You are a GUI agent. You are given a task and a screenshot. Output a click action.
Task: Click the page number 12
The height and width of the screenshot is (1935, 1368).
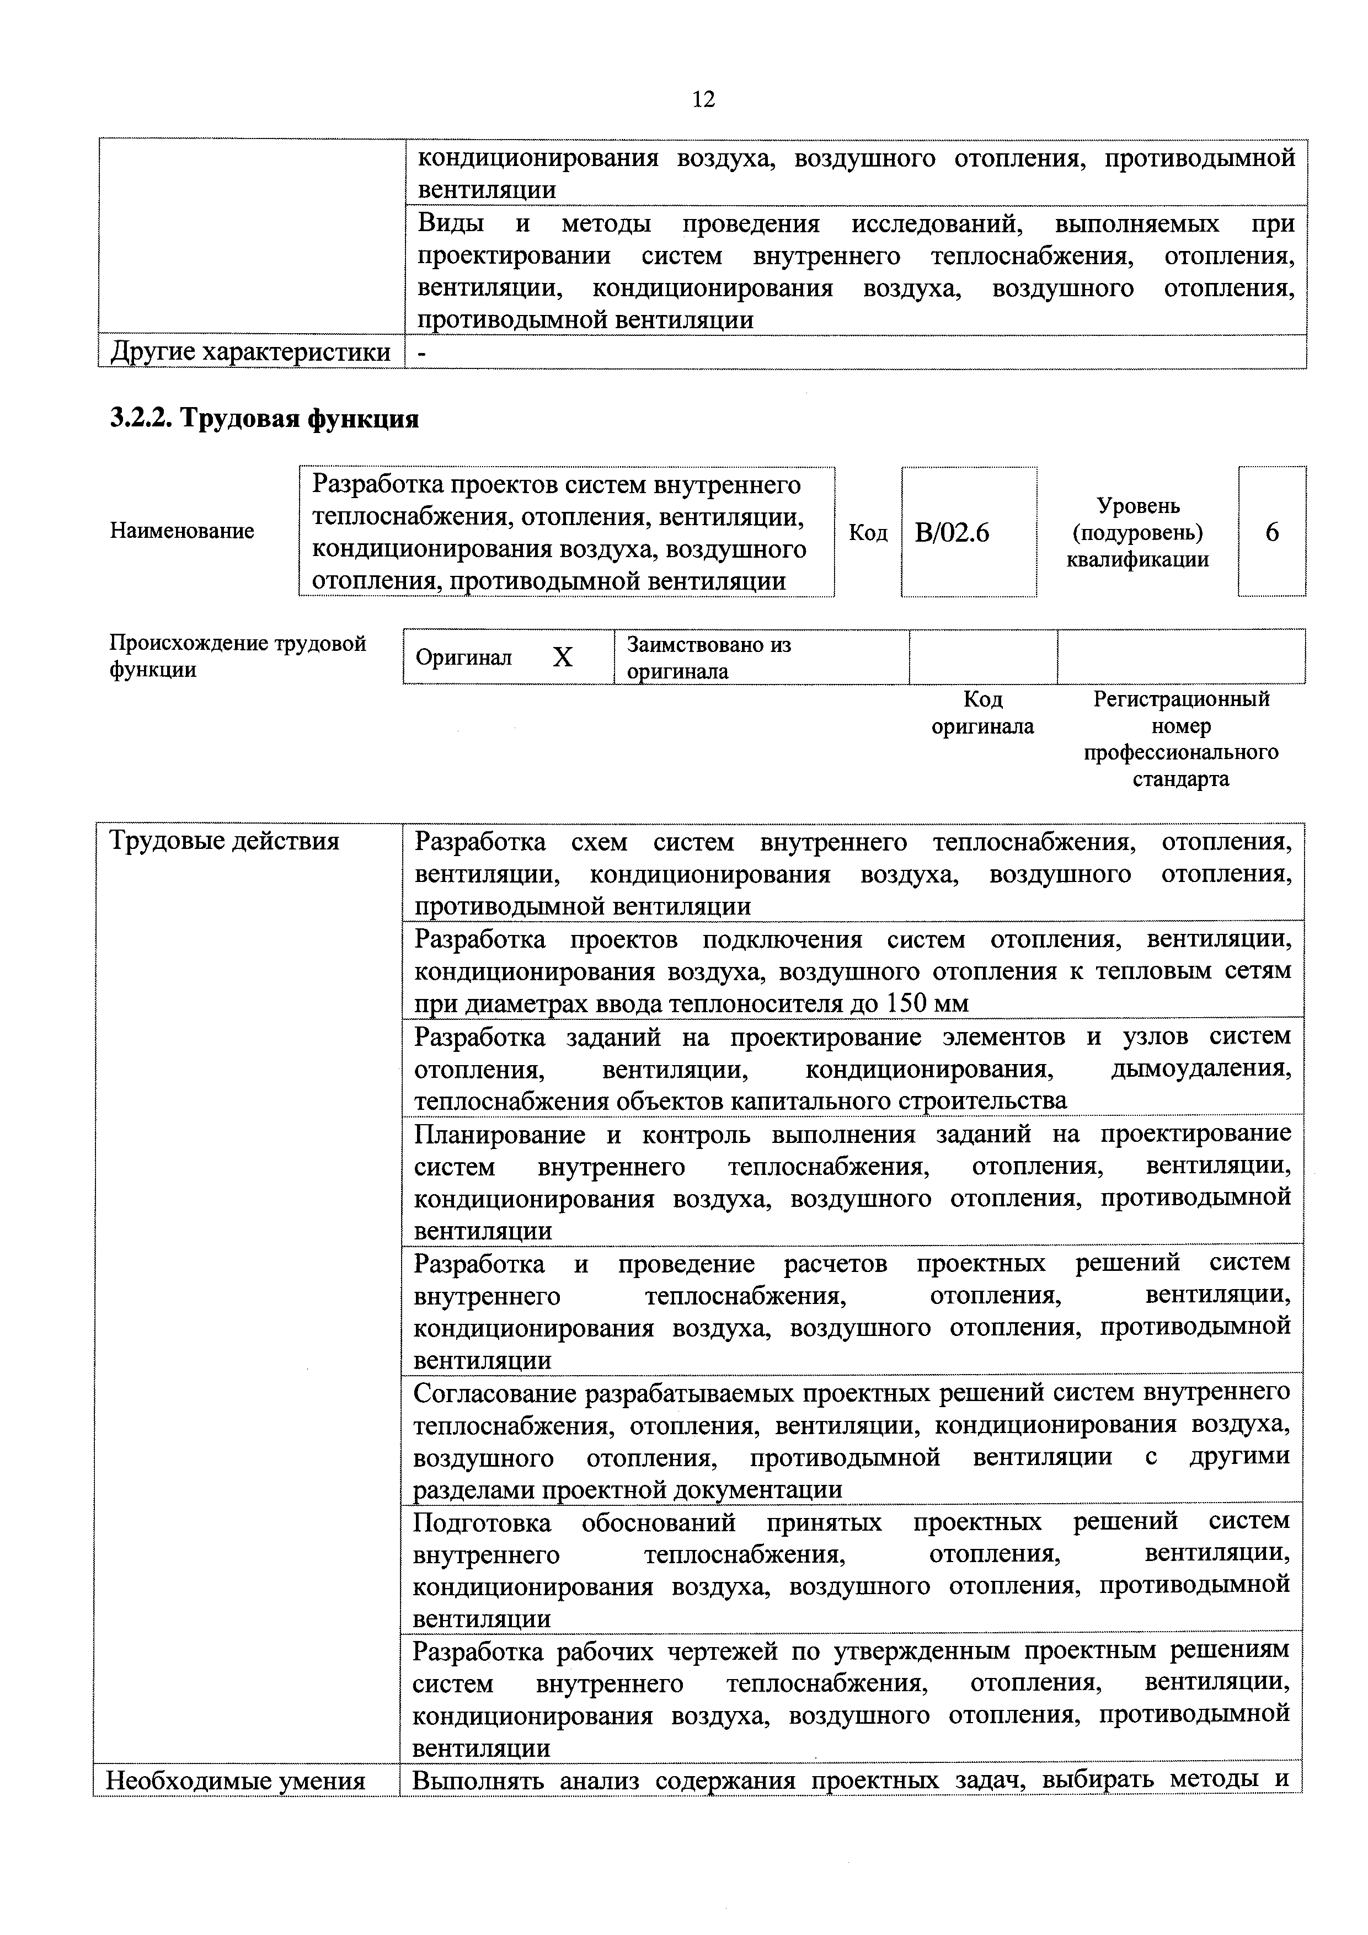[703, 99]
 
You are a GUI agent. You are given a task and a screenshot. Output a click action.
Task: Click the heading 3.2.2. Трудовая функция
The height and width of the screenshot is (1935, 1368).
[264, 418]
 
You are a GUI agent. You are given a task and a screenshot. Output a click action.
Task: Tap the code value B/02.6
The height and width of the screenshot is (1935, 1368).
[952, 533]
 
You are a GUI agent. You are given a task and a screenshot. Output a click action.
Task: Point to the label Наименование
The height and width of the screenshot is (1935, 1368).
[182, 531]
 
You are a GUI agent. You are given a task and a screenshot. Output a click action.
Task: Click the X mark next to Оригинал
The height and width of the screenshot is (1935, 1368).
[562, 658]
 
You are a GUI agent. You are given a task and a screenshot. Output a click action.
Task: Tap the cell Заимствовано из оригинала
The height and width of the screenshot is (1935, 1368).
[708, 658]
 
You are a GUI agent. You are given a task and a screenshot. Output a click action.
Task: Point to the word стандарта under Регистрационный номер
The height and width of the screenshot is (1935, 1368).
[1180, 779]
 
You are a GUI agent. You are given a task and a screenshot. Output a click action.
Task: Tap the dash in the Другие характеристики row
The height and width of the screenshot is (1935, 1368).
[421, 352]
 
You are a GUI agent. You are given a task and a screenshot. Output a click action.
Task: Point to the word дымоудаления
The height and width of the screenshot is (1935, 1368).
[1201, 1068]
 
